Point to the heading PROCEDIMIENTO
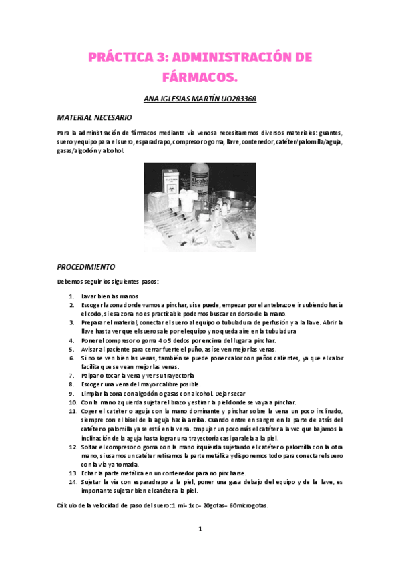tap(86, 265)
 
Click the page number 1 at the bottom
tap(200, 529)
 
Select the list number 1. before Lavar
tap(72, 295)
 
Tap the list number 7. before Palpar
tap(72, 376)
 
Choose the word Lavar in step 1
tap(89, 295)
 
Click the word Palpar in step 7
tap(91, 376)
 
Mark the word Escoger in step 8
tap(93, 385)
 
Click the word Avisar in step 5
tap(91, 349)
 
